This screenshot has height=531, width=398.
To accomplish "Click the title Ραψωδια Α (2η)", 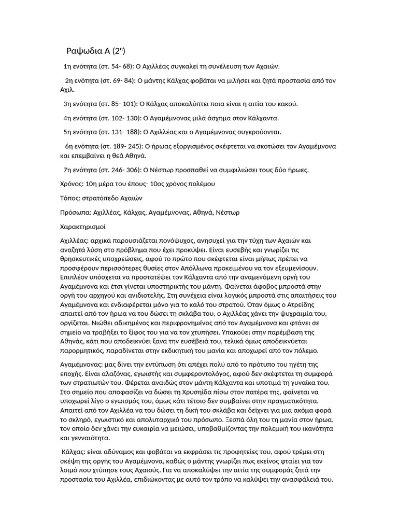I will [96, 51].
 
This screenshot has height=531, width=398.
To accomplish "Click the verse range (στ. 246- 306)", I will [121, 170].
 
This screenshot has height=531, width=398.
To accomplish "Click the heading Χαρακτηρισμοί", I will [83, 227].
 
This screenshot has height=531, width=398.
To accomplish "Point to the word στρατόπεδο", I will [101, 198].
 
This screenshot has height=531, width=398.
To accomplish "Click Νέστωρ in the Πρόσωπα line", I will [228, 212].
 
